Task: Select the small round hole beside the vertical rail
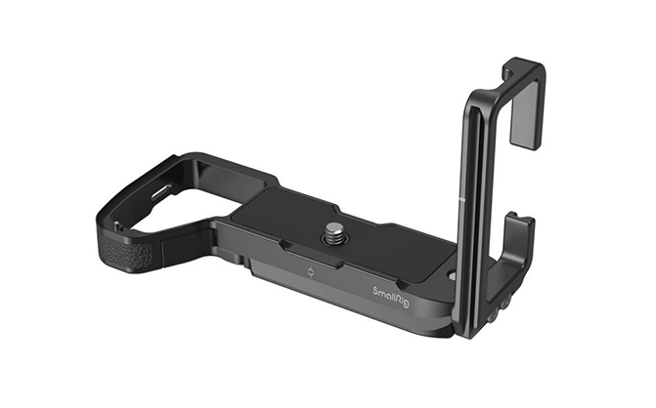[x=451, y=276]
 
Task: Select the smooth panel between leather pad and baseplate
[x=186, y=250]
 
